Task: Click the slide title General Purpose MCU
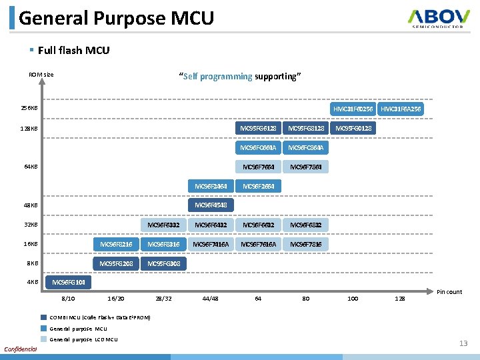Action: (116, 17)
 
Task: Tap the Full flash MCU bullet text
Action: (73, 50)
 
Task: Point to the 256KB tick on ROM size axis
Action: (29, 108)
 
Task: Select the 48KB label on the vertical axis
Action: (31, 205)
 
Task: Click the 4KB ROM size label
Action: (32, 282)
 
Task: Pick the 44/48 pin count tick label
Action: (210, 298)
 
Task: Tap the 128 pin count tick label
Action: (399, 298)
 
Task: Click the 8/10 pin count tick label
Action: (68, 298)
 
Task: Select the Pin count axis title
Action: (449, 292)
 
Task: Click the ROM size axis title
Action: (41, 75)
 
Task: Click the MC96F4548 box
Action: (211, 205)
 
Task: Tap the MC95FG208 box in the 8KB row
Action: (116, 263)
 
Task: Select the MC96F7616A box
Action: (258, 244)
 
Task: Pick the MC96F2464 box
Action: (211, 186)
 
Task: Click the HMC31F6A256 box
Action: (401, 109)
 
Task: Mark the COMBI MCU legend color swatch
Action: (43, 317)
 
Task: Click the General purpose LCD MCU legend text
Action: (83, 339)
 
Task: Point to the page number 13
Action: (463, 343)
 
